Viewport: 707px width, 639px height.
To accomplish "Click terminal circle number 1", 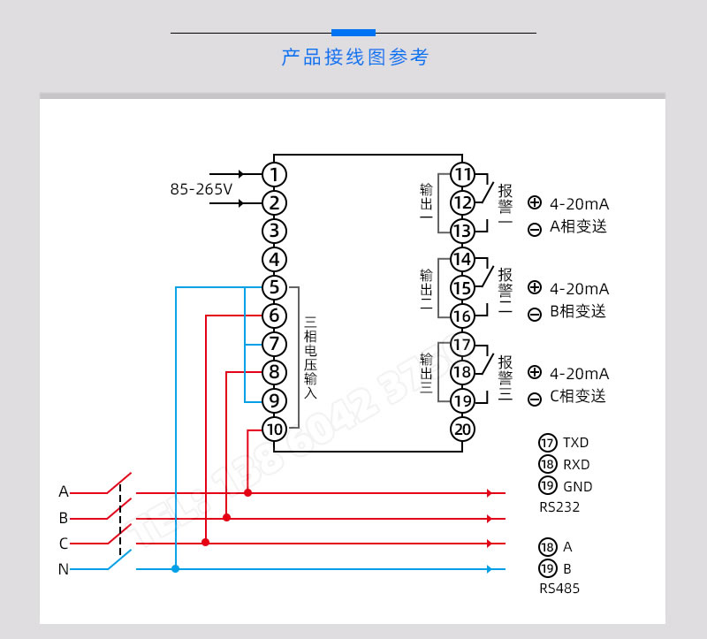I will point(275,174).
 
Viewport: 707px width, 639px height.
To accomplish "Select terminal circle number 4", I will point(275,260).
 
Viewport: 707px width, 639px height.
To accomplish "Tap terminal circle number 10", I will point(275,430).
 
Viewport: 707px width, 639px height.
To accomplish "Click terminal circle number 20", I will point(462,430).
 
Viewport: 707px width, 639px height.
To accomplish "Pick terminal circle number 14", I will point(462,259).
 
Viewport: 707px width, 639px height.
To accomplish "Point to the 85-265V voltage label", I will point(201,189).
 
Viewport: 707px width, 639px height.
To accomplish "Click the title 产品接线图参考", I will point(354,58).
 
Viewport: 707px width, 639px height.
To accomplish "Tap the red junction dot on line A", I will point(247,492).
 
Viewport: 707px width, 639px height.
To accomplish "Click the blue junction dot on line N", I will point(176,568).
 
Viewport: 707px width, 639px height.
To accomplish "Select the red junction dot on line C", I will point(206,543).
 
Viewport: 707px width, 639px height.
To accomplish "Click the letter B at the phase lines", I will point(64,518).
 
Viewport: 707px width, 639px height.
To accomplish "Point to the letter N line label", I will point(64,569).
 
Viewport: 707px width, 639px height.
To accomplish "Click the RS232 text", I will point(559,507).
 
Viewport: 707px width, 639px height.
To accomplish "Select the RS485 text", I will point(559,588).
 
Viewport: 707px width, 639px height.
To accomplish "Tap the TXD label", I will point(575,443).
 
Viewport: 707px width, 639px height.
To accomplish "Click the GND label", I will point(577,486).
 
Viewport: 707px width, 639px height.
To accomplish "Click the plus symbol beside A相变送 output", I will point(535,202).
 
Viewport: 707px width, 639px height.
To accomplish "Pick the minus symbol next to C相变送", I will point(535,399).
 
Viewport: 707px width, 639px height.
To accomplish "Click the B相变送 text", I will point(578,311).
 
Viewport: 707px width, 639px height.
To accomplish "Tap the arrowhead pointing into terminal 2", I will point(240,203).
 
